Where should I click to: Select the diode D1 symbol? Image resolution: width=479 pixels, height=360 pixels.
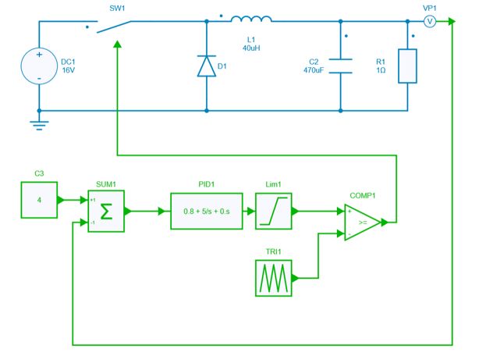coord(206,67)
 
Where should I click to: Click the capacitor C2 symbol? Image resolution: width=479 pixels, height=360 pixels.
coord(341,67)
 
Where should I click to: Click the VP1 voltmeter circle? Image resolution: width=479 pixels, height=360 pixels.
coord(428,21)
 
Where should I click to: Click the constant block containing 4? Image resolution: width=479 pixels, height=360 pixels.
coord(39,199)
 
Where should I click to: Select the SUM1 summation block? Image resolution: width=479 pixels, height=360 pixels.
coord(105,211)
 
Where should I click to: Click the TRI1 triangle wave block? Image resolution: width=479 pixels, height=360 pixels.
coord(273,277)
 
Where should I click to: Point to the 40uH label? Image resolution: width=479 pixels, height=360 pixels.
coord(251,48)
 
